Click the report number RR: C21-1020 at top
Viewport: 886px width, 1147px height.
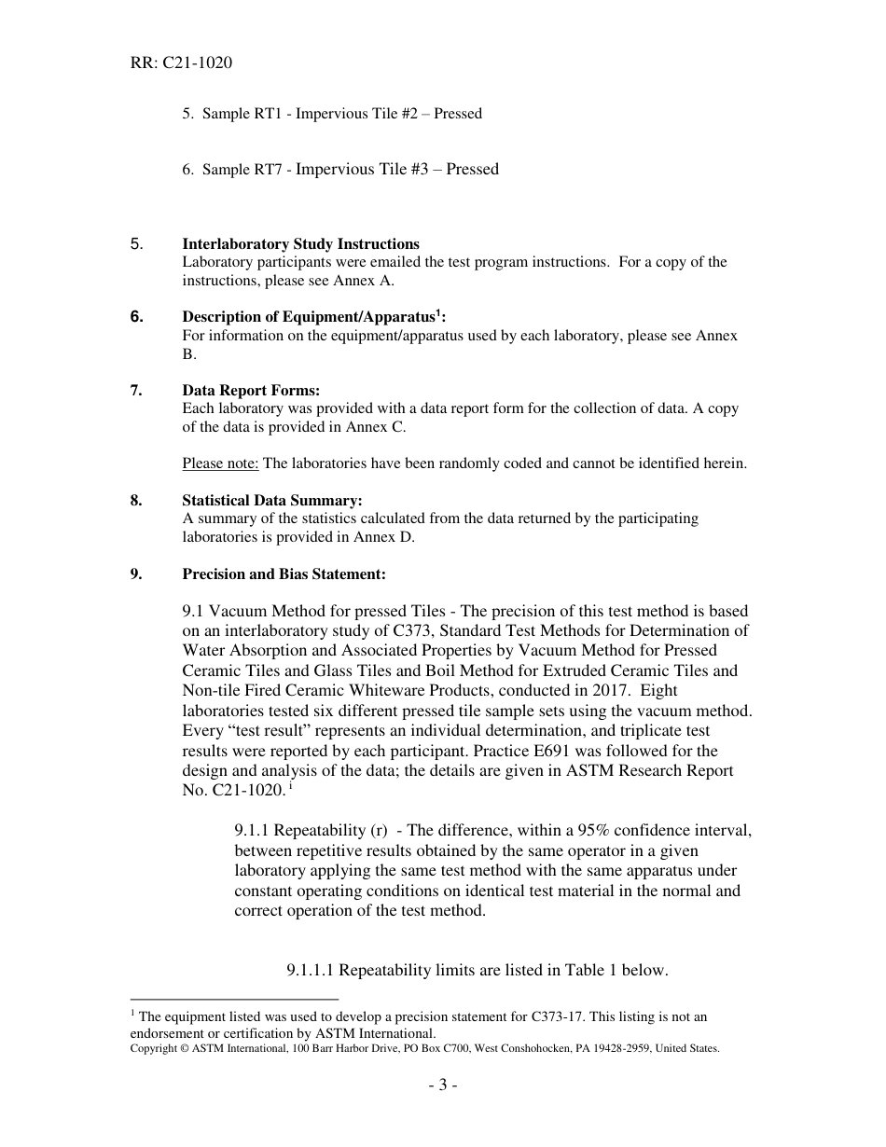181,63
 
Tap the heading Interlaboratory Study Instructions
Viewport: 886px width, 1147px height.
300,244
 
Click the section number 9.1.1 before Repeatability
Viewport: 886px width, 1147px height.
253,831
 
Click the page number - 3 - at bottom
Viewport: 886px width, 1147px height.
443,1085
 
